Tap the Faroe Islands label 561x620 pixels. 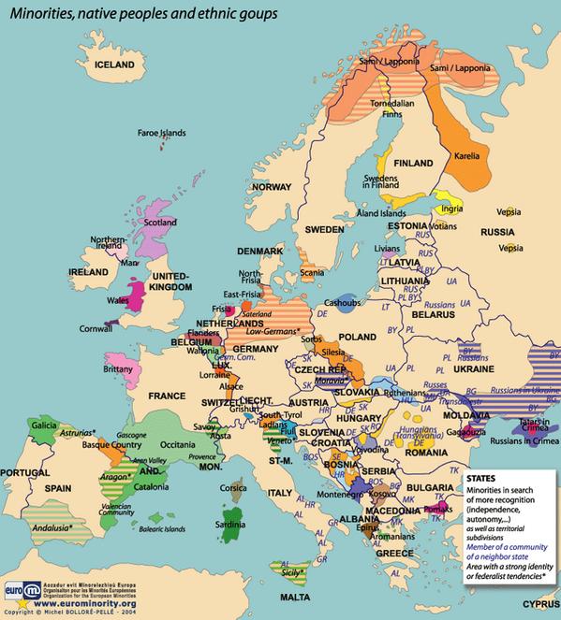[161, 133]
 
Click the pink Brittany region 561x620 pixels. [120, 366]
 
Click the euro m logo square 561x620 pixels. [16, 592]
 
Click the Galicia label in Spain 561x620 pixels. [44, 425]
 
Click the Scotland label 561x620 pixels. [160, 223]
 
